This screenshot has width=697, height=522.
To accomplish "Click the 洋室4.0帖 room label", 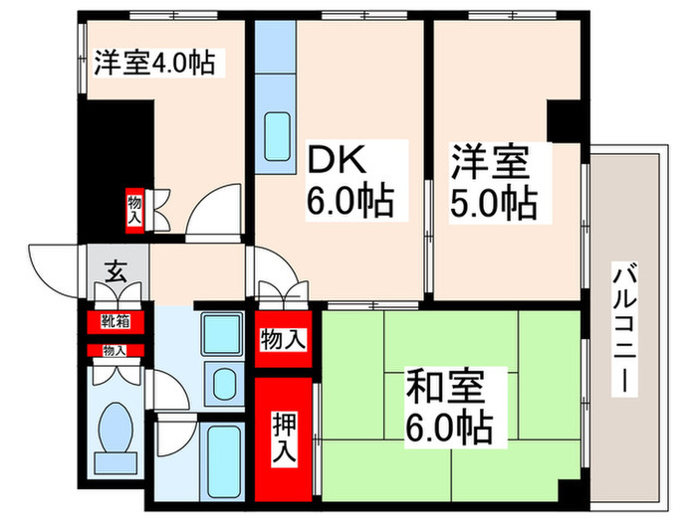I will tap(151, 63).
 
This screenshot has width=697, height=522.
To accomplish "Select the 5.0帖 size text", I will tap(494, 201).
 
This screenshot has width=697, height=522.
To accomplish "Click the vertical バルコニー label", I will tap(625, 329).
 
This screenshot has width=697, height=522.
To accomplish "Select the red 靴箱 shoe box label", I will tap(115, 321).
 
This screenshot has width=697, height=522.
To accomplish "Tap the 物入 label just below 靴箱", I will tap(115, 350).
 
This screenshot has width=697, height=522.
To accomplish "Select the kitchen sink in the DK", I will tap(277, 133).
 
